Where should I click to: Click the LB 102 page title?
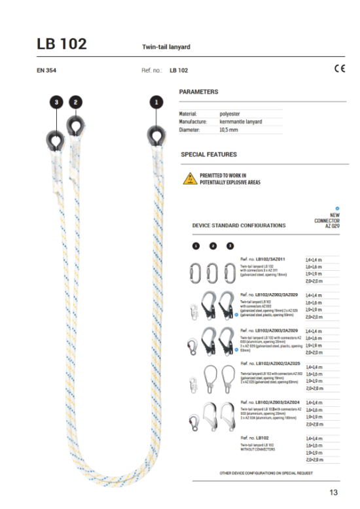click(x=62, y=44)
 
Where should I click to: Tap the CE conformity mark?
click(x=340, y=69)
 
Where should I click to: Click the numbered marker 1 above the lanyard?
click(x=156, y=102)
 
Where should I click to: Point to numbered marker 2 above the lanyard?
click(x=76, y=102)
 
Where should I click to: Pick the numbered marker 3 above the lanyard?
click(x=57, y=102)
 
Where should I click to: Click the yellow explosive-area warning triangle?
click(x=189, y=179)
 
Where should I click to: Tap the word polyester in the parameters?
click(x=230, y=114)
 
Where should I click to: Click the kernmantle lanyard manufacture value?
click(x=241, y=122)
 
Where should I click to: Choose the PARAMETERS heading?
click(x=198, y=92)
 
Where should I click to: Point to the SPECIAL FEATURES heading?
click(x=209, y=155)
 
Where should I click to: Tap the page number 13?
click(x=333, y=493)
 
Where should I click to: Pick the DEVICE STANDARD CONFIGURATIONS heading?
click(x=239, y=225)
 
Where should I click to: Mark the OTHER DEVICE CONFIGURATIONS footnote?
click(x=266, y=472)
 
